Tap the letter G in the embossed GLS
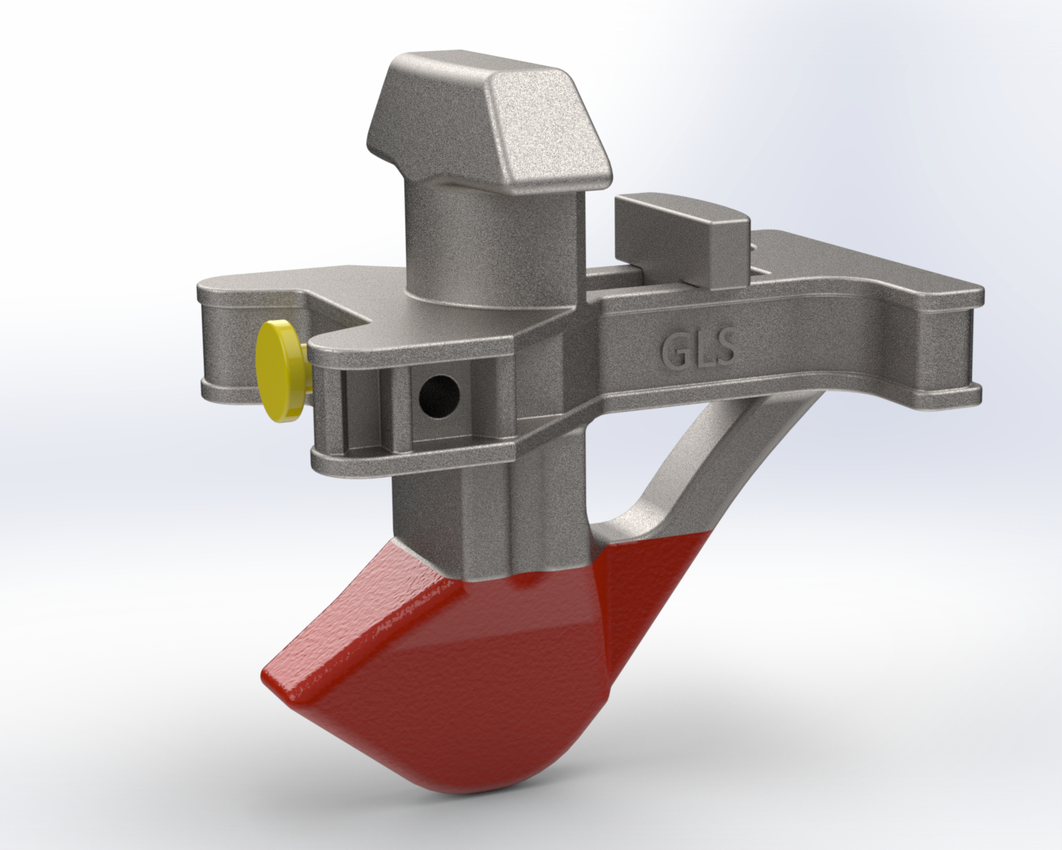pos(676,349)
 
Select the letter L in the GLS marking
pos(701,348)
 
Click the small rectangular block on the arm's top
pos(680,236)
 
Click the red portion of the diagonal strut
pos(669,567)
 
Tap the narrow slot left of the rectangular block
pos(606,277)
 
